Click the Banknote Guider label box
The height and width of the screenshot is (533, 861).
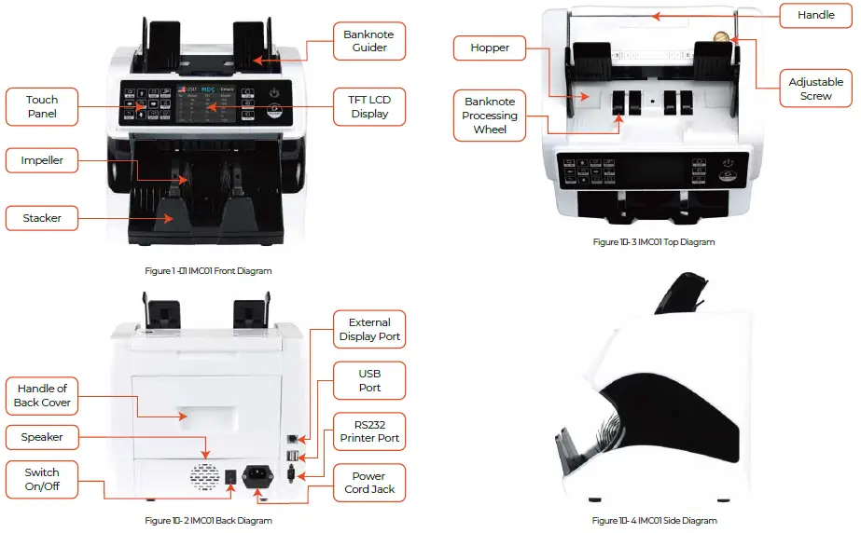coord(369,41)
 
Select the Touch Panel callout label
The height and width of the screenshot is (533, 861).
coord(42,106)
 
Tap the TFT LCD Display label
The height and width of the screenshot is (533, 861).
coord(369,106)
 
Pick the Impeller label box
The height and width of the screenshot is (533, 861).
coord(42,160)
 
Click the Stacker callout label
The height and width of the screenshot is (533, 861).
coord(42,218)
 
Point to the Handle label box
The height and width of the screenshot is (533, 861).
coord(815,16)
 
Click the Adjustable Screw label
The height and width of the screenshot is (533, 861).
coord(815,89)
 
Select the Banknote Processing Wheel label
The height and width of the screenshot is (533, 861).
coord(490,116)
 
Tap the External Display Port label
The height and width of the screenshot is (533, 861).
coord(369,330)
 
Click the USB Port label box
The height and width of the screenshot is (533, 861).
coord(369,380)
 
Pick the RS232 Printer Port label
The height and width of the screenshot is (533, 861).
coord(369,431)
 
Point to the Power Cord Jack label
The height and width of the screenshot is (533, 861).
coord(369,483)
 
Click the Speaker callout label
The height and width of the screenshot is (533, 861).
coord(42,436)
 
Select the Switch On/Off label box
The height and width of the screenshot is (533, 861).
coord(42,479)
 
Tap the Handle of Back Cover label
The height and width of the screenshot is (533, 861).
coord(42,395)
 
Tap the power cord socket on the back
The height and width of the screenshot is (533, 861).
coord(257,478)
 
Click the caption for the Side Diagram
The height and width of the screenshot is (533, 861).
coord(654,520)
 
